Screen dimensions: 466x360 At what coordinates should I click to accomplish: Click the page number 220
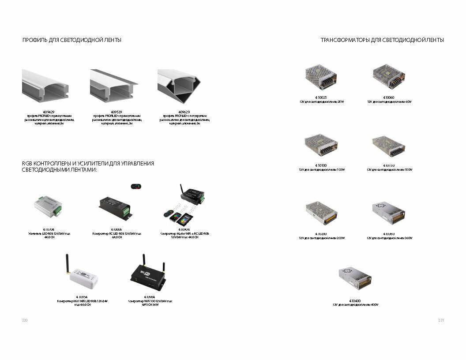25,320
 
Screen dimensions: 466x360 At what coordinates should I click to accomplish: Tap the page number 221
441,320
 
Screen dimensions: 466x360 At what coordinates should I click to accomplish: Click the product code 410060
389,97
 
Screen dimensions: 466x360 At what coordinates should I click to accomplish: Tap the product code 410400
355,301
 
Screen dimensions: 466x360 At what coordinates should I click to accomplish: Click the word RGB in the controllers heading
27,164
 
